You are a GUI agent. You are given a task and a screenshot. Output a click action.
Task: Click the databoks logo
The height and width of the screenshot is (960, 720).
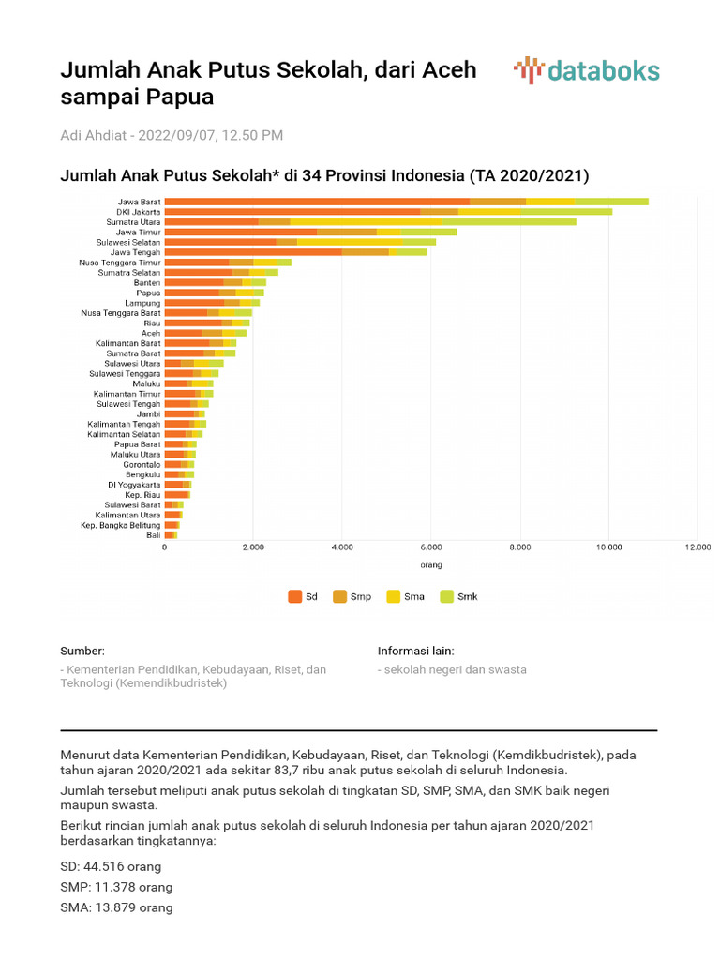click(x=586, y=71)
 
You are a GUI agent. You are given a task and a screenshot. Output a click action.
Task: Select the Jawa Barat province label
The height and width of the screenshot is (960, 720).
click(x=139, y=202)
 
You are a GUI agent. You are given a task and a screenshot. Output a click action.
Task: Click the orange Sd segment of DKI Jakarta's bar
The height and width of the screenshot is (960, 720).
click(x=291, y=212)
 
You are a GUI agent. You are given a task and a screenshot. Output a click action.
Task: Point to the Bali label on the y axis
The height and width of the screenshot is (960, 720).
click(x=153, y=534)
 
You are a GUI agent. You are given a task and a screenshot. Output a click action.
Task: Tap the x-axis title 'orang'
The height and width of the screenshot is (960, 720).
click(x=430, y=565)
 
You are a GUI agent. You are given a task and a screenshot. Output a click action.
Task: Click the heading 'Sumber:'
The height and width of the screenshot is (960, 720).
click(x=82, y=651)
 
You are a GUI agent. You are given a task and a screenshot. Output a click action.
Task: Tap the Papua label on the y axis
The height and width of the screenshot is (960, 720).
click(x=148, y=292)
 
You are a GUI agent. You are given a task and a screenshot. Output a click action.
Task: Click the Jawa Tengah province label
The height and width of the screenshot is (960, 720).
click(x=136, y=252)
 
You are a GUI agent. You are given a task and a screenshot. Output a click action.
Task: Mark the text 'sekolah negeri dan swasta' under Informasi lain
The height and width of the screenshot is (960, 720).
click(x=455, y=669)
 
